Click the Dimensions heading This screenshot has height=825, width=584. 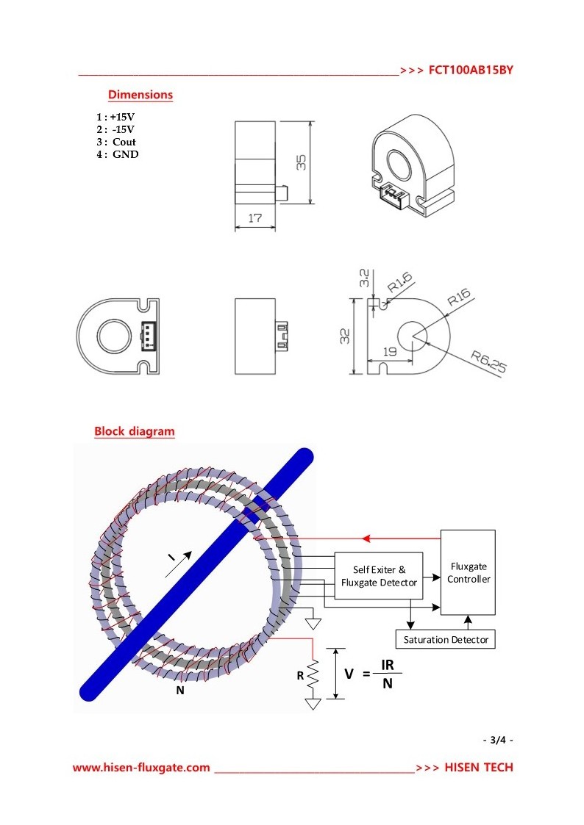click(x=140, y=95)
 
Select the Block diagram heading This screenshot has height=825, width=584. click(x=134, y=431)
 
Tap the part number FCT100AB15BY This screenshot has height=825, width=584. click(x=470, y=71)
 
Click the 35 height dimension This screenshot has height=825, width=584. click(x=301, y=163)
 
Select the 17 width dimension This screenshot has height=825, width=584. click(x=255, y=217)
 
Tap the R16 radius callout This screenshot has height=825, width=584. click(x=458, y=298)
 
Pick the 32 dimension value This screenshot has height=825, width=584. click(x=345, y=336)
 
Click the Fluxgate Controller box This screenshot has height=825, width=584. click(x=469, y=572)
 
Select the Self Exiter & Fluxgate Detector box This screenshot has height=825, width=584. click(x=379, y=576)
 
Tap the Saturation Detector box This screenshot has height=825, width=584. click(x=446, y=640)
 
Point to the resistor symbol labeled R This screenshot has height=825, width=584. click(x=314, y=674)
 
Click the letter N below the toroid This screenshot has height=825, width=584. click(x=179, y=690)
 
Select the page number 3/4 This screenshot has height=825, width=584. click(x=498, y=740)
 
